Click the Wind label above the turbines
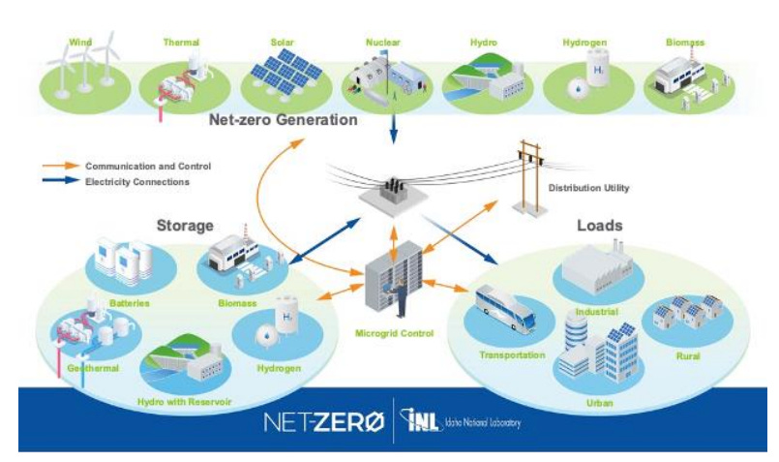pyautogui.click(x=80, y=42)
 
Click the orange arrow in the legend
pyautogui.click(x=60, y=167)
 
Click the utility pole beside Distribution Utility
pyautogui.click(x=528, y=174)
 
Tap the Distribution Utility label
pyautogui.click(x=588, y=188)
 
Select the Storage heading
pyautogui.click(x=184, y=226)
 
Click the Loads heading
pyautogui.click(x=600, y=226)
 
